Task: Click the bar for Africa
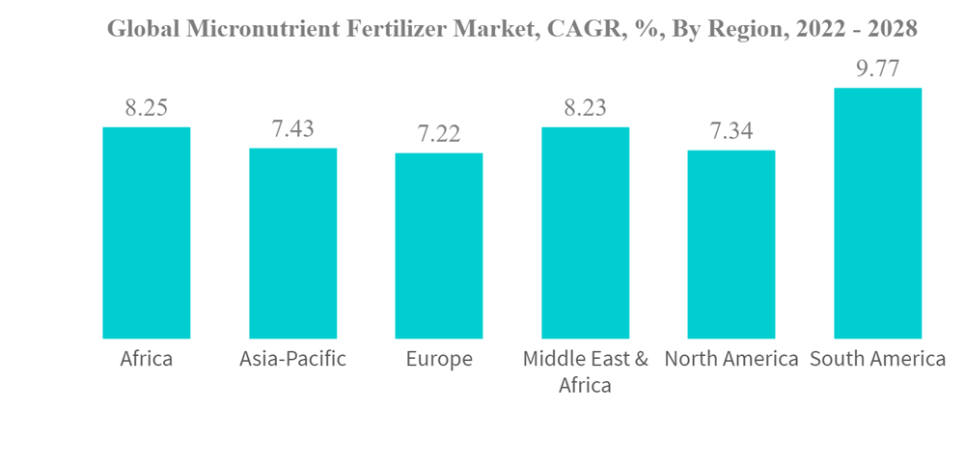pyautogui.click(x=147, y=233)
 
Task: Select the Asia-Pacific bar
pyautogui.click(x=292, y=243)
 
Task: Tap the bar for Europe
pyautogui.click(x=439, y=245)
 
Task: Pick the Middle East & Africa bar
pyautogui.click(x=585, y=233)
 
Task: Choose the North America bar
pyautogui.click(x=731, y=244)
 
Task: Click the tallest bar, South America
pyautogui.click(x=877, y=213)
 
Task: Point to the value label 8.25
pyautogui.click(x=147, y=108)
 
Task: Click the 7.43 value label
pyautogui.click(x=292, y=129)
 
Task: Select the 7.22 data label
pyautogui.click(x=439, y=134)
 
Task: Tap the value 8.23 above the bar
pyautogui.click(x=585, y=108)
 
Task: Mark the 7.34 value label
pyautogui.click(x=731, y=131)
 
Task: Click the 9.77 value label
pyautogui.click(x=877, y=69)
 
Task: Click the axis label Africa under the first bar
pyautogui.click(x=147, y=360)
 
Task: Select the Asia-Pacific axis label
pyautogui.click(x=292, y=360)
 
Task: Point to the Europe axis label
pyautogui.click(x=439, y=360)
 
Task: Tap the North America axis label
pyautogui.click(x=731, y=360)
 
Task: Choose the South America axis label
pyautogui.click(x=877, y=360)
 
